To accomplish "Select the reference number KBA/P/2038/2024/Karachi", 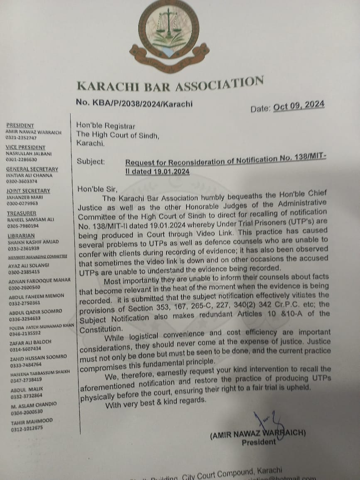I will [134, 103].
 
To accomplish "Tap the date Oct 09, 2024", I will [299, 106].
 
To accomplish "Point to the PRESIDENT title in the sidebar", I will [20, 125].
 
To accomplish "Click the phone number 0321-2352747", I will [21, 138].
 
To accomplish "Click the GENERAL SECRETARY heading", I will [32, 169].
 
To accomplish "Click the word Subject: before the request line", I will [91, 162].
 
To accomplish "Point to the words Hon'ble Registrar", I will [105, 125].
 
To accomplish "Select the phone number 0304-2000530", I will [27, 411].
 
